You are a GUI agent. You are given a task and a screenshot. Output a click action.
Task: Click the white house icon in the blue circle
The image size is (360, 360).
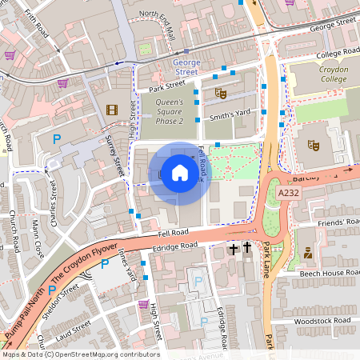[x=180, y=172]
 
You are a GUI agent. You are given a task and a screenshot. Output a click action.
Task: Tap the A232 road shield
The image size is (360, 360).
[x=290, y=194]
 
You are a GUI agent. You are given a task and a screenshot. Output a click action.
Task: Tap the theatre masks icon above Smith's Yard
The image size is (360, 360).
[x=220, y=94]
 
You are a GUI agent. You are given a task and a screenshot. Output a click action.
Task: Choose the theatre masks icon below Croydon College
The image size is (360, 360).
[x=315, y=145]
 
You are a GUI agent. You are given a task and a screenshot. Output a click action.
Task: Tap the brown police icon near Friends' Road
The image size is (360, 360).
[x=306, y=254]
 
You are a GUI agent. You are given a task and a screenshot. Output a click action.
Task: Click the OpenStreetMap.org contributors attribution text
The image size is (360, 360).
[x=106, y=354]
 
